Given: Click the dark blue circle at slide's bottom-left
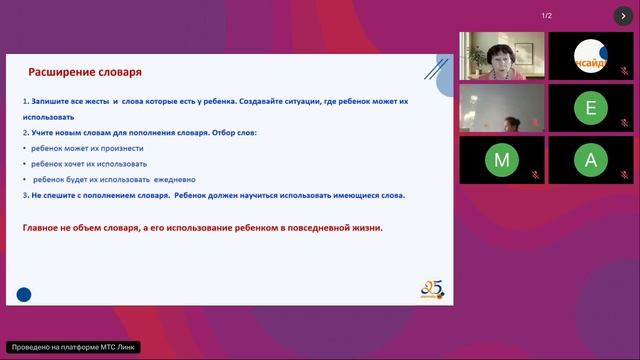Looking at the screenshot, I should click(x=24, y=294).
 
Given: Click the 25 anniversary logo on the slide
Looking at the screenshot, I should click(x=433, y=290).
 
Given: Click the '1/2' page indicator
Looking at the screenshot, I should click(x=547, y=15).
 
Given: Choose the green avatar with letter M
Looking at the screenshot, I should click(x=502, y=160).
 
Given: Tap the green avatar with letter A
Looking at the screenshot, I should click(x=591, y=160).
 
